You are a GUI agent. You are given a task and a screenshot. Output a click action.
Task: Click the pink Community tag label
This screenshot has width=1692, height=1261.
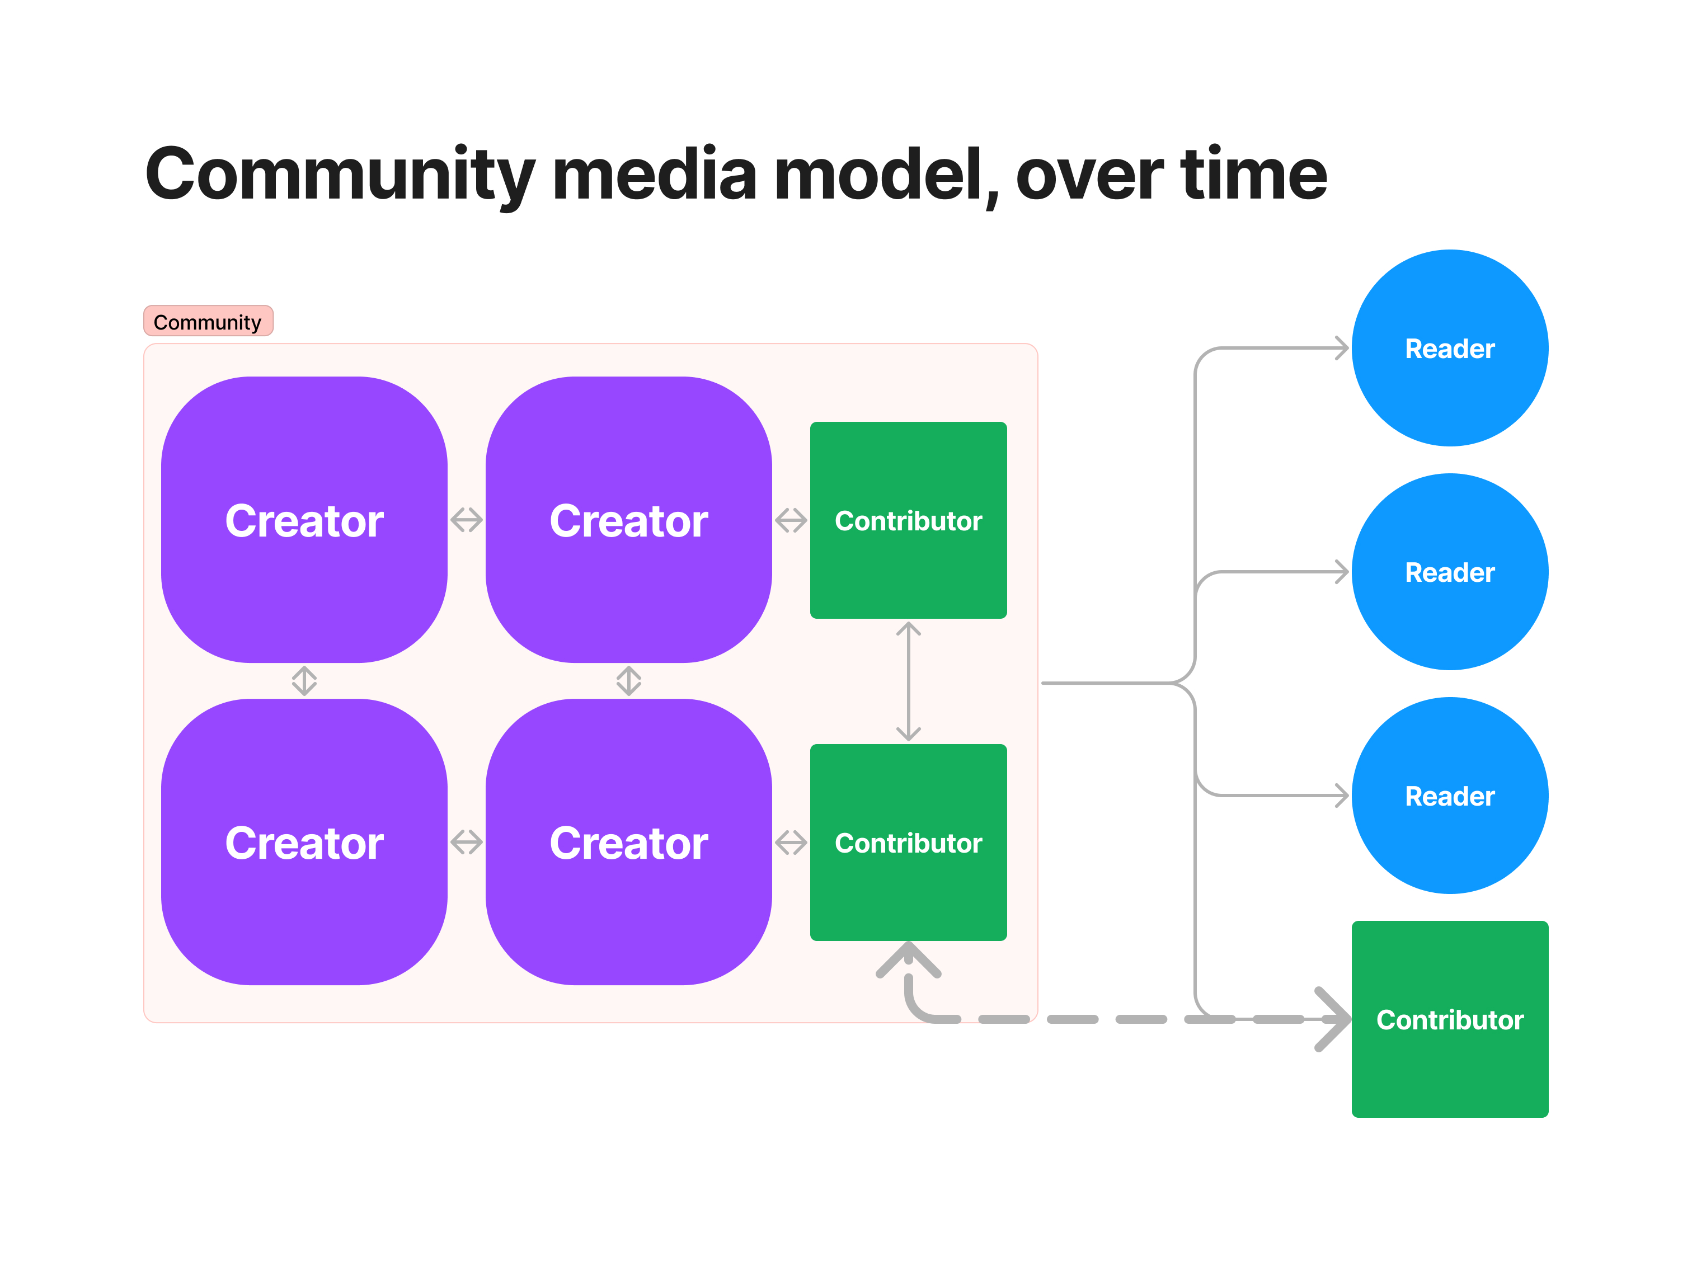point(207,321)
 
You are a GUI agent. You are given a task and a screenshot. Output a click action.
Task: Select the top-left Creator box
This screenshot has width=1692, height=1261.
point(304,520)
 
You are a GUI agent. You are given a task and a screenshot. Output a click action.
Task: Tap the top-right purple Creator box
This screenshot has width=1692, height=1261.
point(628,520)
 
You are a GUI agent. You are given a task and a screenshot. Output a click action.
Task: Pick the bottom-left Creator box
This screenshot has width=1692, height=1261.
point(304,842)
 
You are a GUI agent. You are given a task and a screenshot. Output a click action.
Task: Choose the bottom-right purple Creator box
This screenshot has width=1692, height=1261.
point(628,842)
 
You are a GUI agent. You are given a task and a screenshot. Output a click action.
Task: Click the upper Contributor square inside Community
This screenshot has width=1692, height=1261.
point(908,520)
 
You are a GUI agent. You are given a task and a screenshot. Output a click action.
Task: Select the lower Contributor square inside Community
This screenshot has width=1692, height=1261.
point(908,842)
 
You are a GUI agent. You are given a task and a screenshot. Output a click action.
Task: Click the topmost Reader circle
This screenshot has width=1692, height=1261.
point(1449,348)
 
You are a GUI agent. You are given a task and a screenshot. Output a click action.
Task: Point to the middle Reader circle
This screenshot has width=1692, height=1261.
point(1449,572)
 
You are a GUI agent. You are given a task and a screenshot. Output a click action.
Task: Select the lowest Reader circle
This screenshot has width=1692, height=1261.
point(1449,796)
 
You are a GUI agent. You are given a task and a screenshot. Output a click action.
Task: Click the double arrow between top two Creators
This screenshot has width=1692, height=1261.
point(466,520)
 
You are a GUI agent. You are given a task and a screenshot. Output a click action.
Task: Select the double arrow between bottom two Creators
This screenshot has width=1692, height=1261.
point(466,842)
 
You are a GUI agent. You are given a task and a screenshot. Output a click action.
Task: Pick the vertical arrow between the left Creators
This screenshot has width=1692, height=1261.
point(304,680)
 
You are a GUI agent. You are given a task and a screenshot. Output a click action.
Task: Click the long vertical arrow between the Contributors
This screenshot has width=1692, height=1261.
point(908,681)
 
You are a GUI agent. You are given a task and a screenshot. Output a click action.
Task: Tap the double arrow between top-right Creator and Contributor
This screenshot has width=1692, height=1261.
point(791,520)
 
